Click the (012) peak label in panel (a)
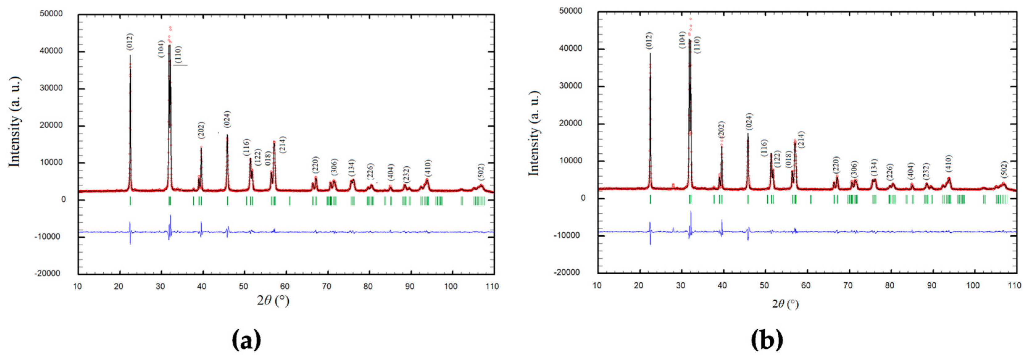(130, 42)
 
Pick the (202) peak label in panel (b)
(722, 130)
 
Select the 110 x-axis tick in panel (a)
(492, 286)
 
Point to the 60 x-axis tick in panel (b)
(806, 285)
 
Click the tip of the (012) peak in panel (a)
(130, 56)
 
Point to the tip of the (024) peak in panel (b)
(748, 134)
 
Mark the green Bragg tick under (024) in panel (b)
(748, 199)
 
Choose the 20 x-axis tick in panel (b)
(639, 285)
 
